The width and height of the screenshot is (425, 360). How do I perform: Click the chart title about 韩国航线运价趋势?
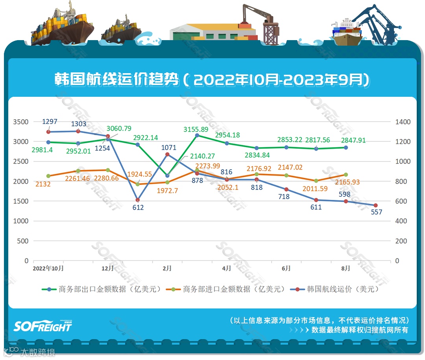point(213,80)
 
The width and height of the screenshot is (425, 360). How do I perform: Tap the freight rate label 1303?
point(79,124)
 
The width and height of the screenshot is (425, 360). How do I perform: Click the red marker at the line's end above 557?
point(375,205)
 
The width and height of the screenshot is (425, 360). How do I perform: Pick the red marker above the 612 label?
point(137,200)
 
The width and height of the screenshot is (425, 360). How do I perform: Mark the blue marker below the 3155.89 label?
point(197,135)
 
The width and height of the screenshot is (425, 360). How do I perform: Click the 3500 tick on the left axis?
point(21,122)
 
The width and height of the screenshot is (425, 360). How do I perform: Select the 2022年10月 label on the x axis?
point(48,268)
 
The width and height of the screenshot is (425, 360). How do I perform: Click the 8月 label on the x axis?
point(346,268)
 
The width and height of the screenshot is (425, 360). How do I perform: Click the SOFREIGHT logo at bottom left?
point(43,326)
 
